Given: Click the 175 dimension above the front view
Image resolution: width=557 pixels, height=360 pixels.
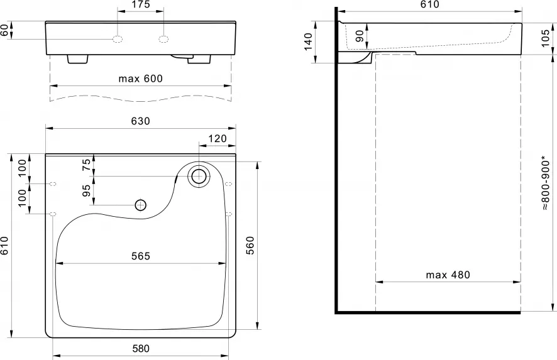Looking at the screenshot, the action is point(141,4).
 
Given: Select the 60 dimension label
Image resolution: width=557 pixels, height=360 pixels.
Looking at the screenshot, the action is point(4,30).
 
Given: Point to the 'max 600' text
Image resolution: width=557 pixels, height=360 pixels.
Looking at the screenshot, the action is point(140,79).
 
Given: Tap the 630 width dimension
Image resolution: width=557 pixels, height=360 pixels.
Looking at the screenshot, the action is point(141,121).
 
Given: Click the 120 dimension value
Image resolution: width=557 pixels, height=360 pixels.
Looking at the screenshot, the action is point(218,138).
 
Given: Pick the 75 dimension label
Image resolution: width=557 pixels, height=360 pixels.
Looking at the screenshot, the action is point(87,165).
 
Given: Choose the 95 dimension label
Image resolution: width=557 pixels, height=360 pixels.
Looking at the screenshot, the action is point(87,190).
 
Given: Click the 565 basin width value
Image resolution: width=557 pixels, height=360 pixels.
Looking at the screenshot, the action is point(141,256).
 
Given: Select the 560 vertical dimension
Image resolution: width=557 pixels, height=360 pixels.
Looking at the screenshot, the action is point(250,246).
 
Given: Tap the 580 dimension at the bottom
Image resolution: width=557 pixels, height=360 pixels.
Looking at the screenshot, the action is point(141,349).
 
